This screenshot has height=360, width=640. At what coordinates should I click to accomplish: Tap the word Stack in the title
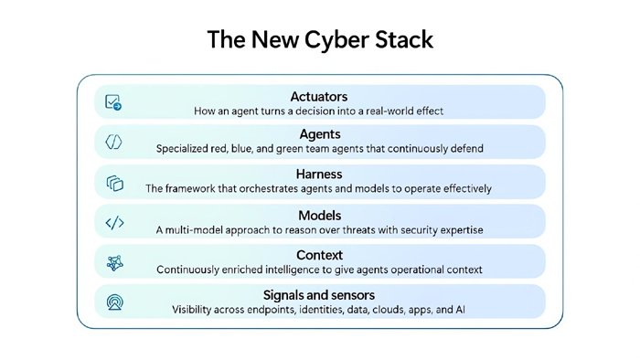pyautogui.click(x=404, y=39)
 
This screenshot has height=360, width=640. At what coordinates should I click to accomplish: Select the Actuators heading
pyautogui.click(x=319, y=97)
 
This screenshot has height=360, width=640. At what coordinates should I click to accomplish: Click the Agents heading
pyautogui.click(x=320, y=134)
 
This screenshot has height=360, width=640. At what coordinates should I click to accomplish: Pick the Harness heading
pyautogui.click(x=319, y=175)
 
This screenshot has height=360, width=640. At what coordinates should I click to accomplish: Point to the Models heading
pyautogui.click(x=320, y=216)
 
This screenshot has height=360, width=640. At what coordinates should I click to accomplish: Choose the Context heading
pyautogui.click(x=320, y=255)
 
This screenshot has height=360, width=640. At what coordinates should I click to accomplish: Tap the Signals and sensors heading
pyautogui.click(x=319, y=295)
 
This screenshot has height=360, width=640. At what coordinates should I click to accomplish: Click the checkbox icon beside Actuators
pyautogui.click(x=113, y=102)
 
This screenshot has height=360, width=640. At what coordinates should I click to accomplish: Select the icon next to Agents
pyautogui.click(x=113, y=142)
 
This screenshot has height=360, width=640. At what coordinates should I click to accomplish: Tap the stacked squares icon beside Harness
pyautogui.click(x=115, y=183)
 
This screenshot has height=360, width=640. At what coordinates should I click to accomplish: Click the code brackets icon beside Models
pyautogui.click(x=114, y=223)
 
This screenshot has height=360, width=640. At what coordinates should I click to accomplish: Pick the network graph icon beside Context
pyautogui.click(x=114, y=263)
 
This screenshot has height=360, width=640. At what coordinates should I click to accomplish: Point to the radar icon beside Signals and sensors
pyautogui.click(x=114, y=302)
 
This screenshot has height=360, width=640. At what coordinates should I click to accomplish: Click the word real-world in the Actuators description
pyautogui.click(x=392, y=111)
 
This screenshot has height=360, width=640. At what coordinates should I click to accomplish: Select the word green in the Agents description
pyautogui.click(x=290, y=149)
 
